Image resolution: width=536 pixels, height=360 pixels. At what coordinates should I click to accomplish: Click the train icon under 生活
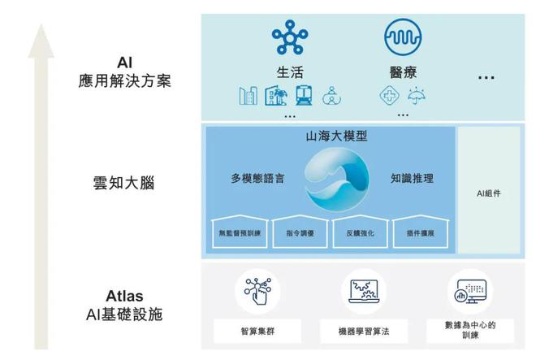[305, 95]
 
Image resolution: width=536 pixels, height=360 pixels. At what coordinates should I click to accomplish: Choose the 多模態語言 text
[257, 178]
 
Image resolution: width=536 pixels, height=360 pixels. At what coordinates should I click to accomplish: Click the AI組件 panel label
[491, 195]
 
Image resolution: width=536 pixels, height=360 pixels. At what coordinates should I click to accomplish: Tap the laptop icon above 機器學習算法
[365, 292]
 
